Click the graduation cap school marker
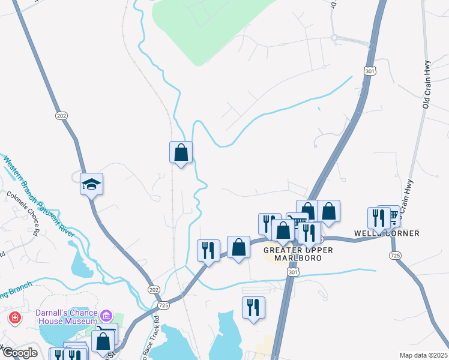(92, 184)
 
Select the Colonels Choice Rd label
(23, 214)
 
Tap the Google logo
(20, 353)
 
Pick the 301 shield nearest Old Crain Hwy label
(369, 70)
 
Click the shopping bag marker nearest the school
(181, 152)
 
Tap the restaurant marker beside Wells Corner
(378, 218)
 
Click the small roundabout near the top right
(334, 38)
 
